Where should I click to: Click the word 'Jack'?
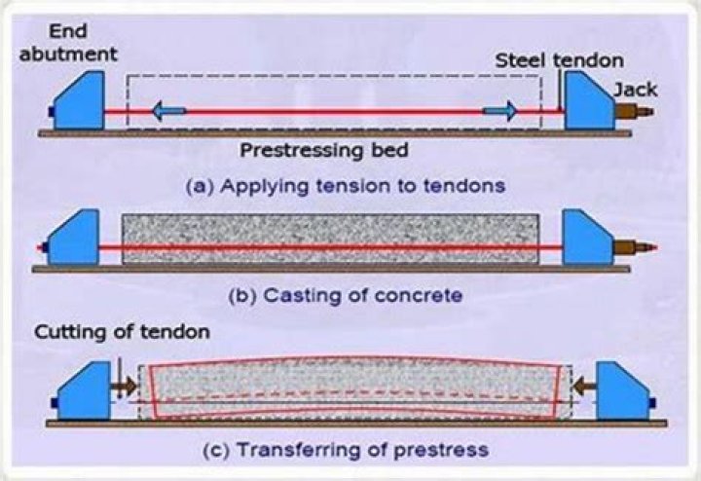[x=635, y=89]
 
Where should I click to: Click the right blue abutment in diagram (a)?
[x=588, y=104]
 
